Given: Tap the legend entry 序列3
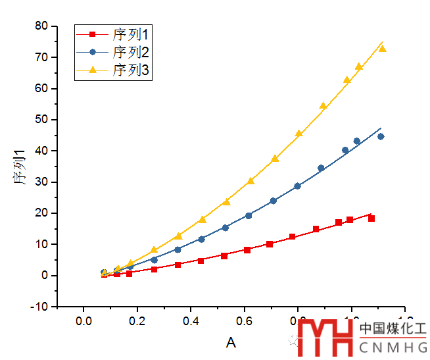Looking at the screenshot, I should [x=131, y=70].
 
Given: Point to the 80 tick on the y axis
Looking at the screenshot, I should [x=42, y=26].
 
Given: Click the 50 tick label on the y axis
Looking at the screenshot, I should [x=42, y=120].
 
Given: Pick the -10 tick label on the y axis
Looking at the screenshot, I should [x=39, y=307].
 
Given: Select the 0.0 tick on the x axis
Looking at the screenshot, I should [x=84, y=321].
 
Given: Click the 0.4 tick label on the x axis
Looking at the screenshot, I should [x=191, y=321].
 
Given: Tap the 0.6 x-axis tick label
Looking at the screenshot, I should [x=245, y=321].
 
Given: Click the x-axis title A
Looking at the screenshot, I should [x=231, y=342].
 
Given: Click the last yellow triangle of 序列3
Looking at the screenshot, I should [x=382, y=49].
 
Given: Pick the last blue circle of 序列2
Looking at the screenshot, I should [x=381, y=137].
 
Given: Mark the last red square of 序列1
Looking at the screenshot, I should [x=371, y=219].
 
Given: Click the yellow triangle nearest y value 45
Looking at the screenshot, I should [x=299, y=134].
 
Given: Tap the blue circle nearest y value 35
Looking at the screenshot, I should [x=321, y=168].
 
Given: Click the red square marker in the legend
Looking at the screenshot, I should [x=93, y=34].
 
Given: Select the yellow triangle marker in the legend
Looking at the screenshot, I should [x=93, y=70].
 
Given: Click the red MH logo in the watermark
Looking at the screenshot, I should [x=325, y=338].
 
